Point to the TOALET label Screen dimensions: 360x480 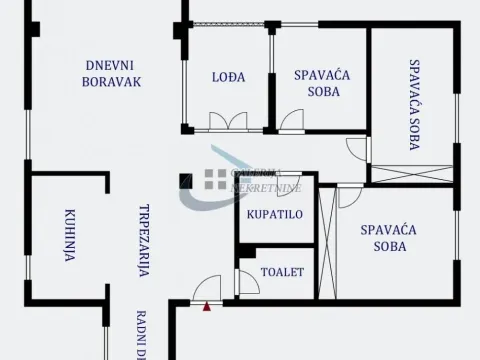click(x=282, y=271)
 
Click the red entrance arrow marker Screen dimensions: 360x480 click(x=206, y=307)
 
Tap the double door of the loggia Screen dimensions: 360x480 click(x=227, y=122)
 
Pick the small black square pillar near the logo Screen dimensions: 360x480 click(x=184, y=180)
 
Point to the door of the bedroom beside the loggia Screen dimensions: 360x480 click(x=292, y=121)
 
